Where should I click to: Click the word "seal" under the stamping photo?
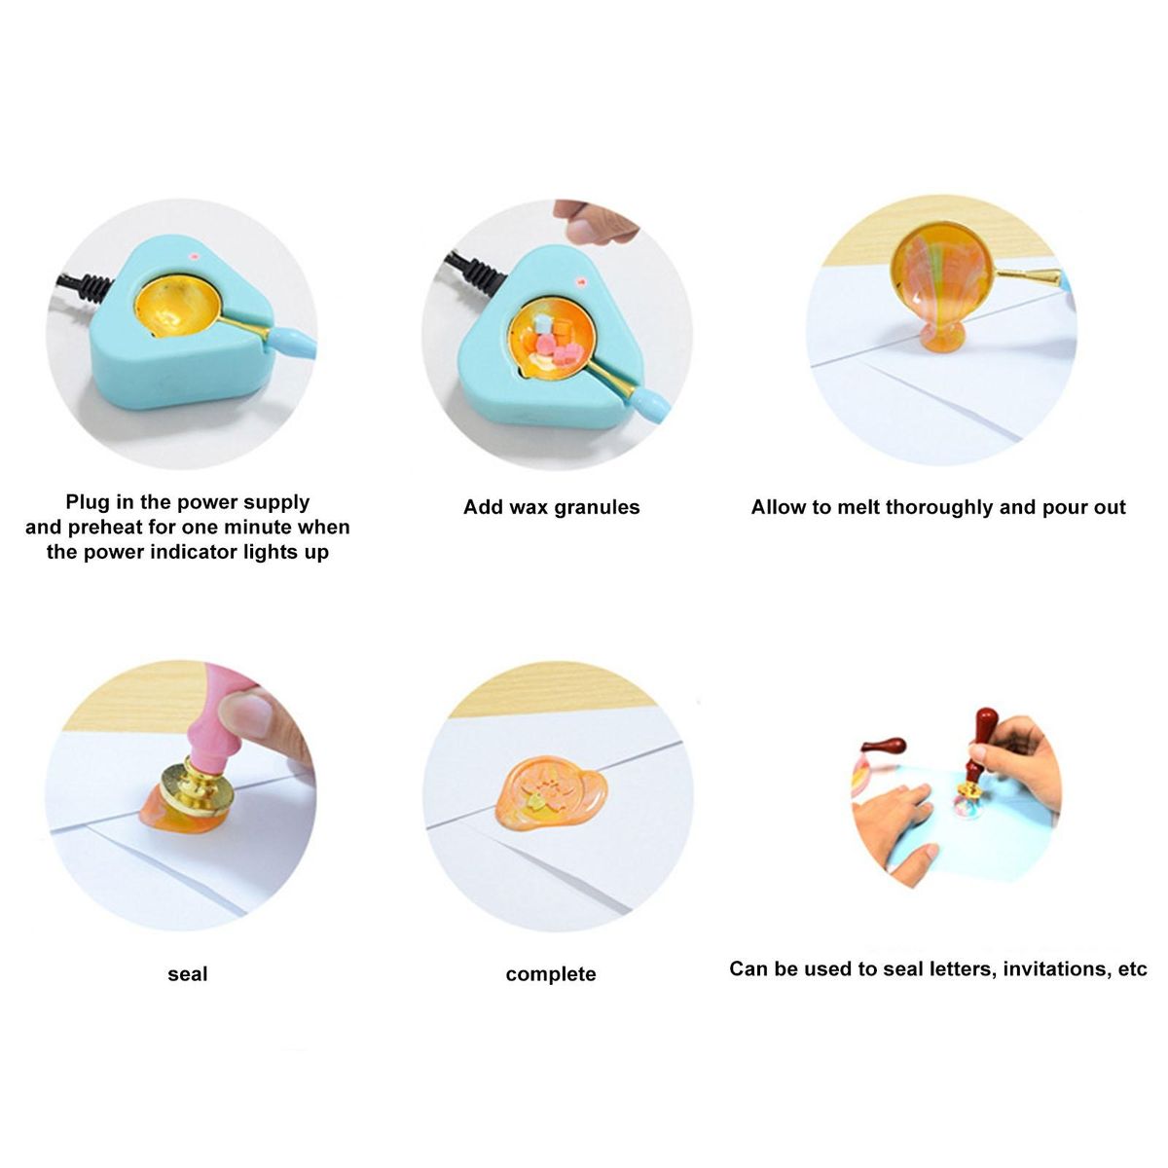pyautogui.click(x=187, y=974)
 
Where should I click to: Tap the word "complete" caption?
pyautogui.click(x=551, y=974)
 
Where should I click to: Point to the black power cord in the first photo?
pyautogui.click(x=84, y=285)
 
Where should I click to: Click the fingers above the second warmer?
pyautogui.click(x=594, y=222)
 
